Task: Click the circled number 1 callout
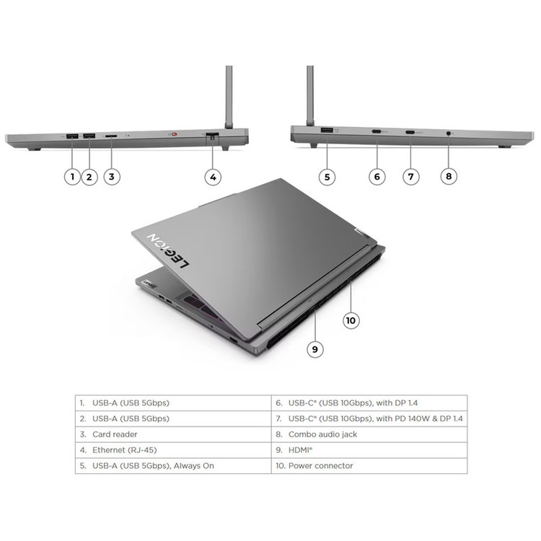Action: click(x=72, y=177)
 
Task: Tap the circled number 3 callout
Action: click(x=111, y=177)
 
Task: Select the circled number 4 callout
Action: click(x=213, y=177)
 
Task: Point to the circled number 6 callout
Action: click(x=377, y=177)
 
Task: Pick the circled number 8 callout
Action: click(x=449, y=176)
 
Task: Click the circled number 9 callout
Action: click(x=315, y=349)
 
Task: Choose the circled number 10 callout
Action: click(x=351, y=320)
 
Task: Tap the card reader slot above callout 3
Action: click(x=111, y=136)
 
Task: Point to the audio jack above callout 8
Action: click(x=449, y=133)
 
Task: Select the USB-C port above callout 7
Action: click(x=410, y=132)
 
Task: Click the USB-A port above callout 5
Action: click(x=327, y=131)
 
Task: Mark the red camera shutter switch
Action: click(x=175, y=133)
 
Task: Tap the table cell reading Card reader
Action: click(x=173, y=434)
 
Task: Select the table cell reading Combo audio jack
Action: click(x=369, y=434)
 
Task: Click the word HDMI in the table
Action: click(x=299, y=450)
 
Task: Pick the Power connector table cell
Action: click(x=369, y=466)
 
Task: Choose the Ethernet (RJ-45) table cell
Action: click(x=173, y=450)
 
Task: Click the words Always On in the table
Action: click(x=194, y=466)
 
